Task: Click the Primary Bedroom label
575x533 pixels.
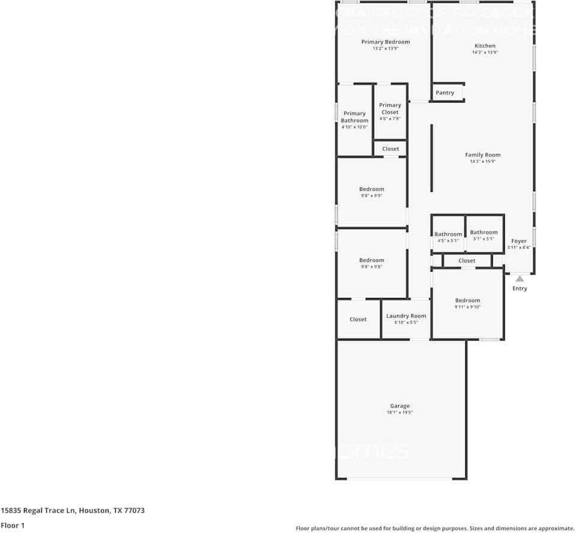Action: [386, 42]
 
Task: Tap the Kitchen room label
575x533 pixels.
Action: [485, 46]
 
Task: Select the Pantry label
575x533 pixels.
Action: [445, 93]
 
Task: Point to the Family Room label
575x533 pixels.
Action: [483, 155]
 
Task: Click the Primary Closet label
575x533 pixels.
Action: [390, 109]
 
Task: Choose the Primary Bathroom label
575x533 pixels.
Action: [354, 117]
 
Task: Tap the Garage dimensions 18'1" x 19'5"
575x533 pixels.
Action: [400, 412]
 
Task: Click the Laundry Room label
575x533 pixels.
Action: [406, 316]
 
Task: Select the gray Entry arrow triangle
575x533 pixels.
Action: [520, 278]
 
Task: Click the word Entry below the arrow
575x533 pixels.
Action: [520, 288]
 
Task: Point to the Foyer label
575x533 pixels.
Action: [519, 241]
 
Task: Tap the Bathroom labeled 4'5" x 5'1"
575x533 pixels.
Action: [448, 234]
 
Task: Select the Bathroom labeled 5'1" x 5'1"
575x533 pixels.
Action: [483, 233]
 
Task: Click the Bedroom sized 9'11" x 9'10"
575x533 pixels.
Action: [467, 300]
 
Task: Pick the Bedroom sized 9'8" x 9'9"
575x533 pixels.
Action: [372, 189]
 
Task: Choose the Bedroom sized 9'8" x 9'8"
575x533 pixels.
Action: [372, 260]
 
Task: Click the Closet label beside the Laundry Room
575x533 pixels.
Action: [358, 320]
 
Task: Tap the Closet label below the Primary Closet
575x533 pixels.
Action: [390, 149]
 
